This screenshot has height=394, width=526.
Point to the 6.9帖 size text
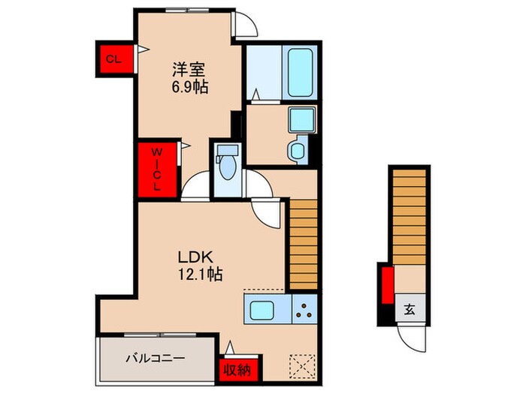coord(189,87)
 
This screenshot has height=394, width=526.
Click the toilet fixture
coord(225,161)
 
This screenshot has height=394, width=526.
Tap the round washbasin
coord(296,150)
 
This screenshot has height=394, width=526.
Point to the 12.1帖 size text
coord(200,274)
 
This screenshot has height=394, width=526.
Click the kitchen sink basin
coord(265,309)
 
